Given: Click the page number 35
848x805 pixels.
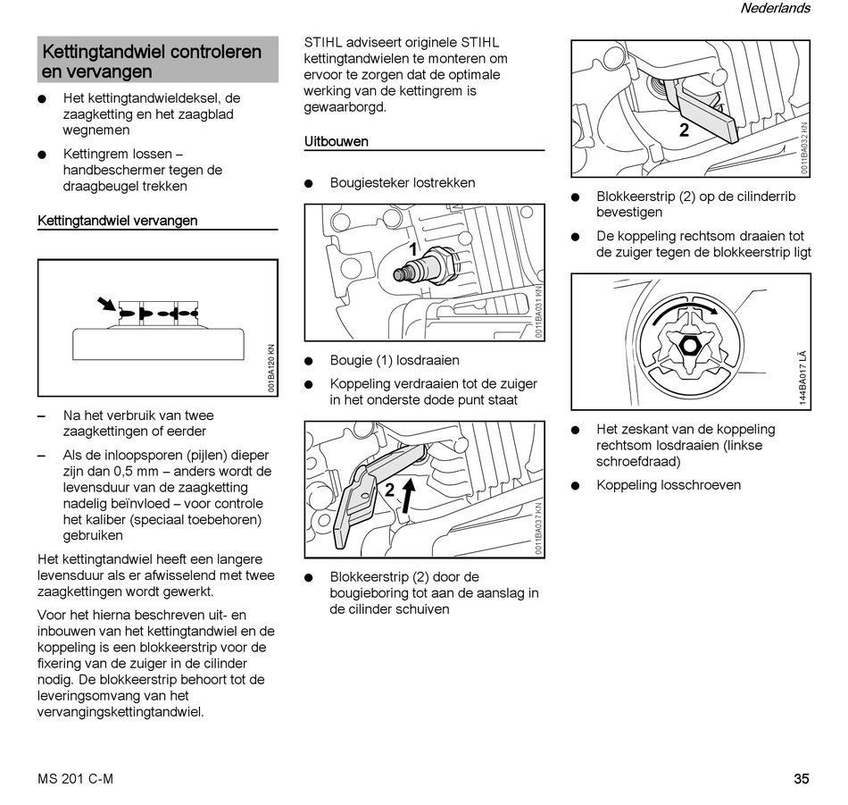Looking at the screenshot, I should click(x=801, y=778).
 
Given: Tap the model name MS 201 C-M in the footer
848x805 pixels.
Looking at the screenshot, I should click(x=76, y=778).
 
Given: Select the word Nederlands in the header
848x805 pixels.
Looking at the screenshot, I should click(x=775, y=8).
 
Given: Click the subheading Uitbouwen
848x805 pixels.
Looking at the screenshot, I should click(x=336, y=141).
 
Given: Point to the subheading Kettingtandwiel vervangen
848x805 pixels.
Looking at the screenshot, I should click(x=118, y=221).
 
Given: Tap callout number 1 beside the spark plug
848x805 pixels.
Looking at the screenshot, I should click(x=412, y=248).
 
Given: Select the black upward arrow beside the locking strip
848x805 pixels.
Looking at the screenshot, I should click(x=407, y=493).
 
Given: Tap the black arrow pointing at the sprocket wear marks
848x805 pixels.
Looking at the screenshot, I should click(x=108, y=305).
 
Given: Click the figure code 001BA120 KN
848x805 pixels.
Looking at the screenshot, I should click(x=271, y=368).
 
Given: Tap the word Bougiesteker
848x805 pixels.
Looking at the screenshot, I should click(x=369, y=183).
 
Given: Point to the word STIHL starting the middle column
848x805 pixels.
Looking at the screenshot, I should click(x=324, y=42).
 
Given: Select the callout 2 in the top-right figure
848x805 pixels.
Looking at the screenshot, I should click(x=684, y=130).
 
